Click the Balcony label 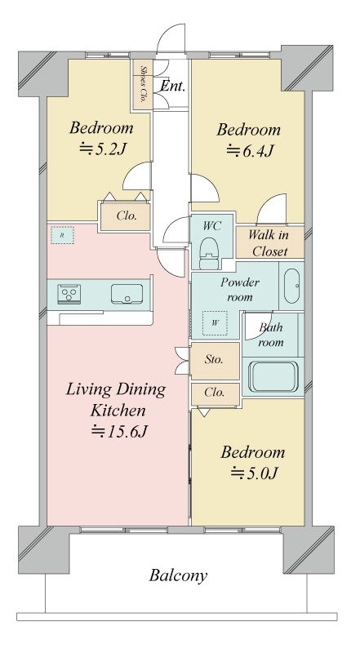(178, 575)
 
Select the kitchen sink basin (127, 294)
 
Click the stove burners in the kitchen (69, 294)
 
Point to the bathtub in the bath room (273, 377)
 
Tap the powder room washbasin (291, 286)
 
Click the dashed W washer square (215, 322)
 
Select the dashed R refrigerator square (62, 235)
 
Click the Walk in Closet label (269, 242)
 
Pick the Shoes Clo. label (143, 85)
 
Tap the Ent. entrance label (172, 87)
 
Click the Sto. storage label (214, 359)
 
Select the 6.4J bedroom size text (250, 150)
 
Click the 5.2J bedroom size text (103, 149)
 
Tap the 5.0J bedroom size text (255, 473)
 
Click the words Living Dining (116, 390)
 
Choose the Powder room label (240, 290)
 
